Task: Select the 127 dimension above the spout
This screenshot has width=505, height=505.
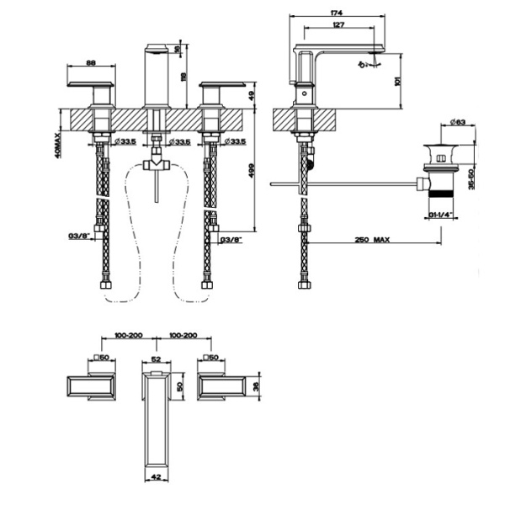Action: click(337, 25)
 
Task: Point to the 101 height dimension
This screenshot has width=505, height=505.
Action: click(408, 81)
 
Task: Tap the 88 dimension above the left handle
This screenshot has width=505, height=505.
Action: click(90, 61)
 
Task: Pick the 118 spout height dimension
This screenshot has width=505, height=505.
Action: click(178, 76)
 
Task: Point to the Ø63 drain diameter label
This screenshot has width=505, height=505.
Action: click(459, 123)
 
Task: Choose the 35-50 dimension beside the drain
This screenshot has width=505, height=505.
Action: click(473, 178)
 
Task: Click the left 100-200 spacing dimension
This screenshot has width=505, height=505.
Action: click(119, 335)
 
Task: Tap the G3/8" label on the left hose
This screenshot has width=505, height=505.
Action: click(78, 237)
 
